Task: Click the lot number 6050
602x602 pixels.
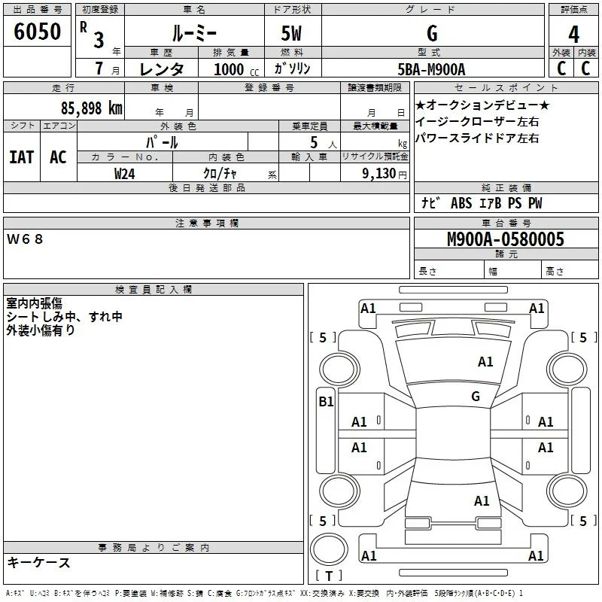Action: pyautogui.click(x=37, y=31)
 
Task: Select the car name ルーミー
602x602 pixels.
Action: pyautogui.click(x=194, y=33)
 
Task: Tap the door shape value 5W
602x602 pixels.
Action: pyautogui.click(x=291, y=33)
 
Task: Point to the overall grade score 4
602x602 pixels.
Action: pyautogui.click(x=573, y=34)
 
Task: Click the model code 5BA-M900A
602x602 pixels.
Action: pyautogui.click(x=431, y=69)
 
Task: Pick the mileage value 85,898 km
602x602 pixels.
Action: pyautogui.click(x=91, y=108)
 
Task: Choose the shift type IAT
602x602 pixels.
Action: pyautogui.click(x=22, y=157)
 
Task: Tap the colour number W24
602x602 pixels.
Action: pyautogui.click(x=124, y=174)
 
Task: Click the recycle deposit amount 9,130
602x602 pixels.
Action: pyautogui.click(x=379, y=174)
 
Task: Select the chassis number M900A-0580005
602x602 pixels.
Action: pyautogui.click(x=506, y=239)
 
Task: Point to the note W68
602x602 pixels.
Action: pyautogui.click(x=25, y=239)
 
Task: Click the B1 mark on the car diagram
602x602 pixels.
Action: pyautogui.click(x=326, y=402)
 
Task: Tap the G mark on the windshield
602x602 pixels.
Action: pyautogui.click(x=476, y=396)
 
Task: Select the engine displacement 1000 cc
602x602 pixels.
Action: pyautogui.click(x=236, y=69)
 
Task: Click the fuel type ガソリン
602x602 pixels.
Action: pyautogui.click(x=292, y=68)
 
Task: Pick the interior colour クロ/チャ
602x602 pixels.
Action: pyautogui.click(x=220, y=174)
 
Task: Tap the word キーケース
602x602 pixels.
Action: pyautogui.click(x=39, y=562)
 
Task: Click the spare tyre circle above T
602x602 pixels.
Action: pyautogui.click(x=329, y=549)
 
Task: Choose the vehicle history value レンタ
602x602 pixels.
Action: pyautogui.click(x=162, y=69)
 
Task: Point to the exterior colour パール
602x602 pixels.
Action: pyautogui.click(x=162, y=142)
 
